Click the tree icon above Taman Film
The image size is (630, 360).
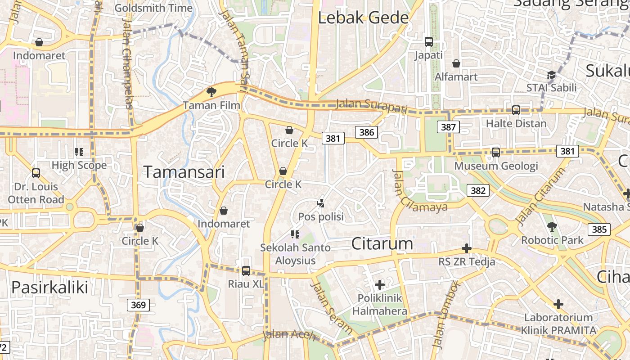click(211, 92)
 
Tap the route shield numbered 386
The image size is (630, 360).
click(367, 132)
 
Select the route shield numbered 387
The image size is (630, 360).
click(448, 127)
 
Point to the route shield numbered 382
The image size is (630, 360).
click(477, 190)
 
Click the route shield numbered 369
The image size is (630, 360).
click(138, 305)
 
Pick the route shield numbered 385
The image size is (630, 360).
click(599, 229)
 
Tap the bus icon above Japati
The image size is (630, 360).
click(428, 42)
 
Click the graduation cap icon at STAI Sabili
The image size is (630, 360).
click(551, 75)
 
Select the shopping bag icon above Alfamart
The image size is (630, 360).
click(456, 63)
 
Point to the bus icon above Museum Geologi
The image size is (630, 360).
click(495, 153)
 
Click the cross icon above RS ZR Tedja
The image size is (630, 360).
click(467, 248)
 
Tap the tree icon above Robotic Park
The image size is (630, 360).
click(552, 226)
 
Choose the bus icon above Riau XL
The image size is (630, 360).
click(246, 270)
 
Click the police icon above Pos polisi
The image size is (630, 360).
click(320, 203)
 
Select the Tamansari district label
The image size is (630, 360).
click(184, 171)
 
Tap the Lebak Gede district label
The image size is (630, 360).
click(363, 18)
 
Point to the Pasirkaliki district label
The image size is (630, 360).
click(49, 287)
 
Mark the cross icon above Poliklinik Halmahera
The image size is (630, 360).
click(379, 284)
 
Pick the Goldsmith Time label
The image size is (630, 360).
click(153, 8)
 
